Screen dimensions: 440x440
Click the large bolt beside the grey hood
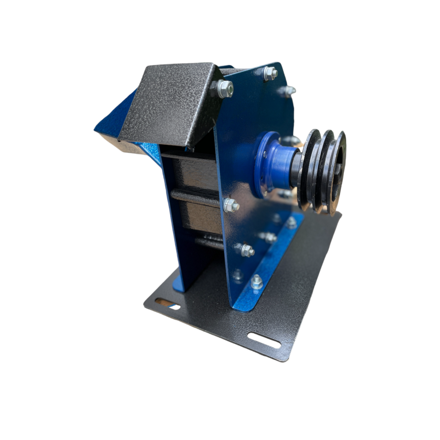(x=225, y=89)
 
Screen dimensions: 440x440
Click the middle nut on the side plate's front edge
(x=231, y=205)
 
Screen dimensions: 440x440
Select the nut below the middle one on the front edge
(x=247, y=250)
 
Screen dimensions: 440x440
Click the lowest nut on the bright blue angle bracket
(x=257, y=282)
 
